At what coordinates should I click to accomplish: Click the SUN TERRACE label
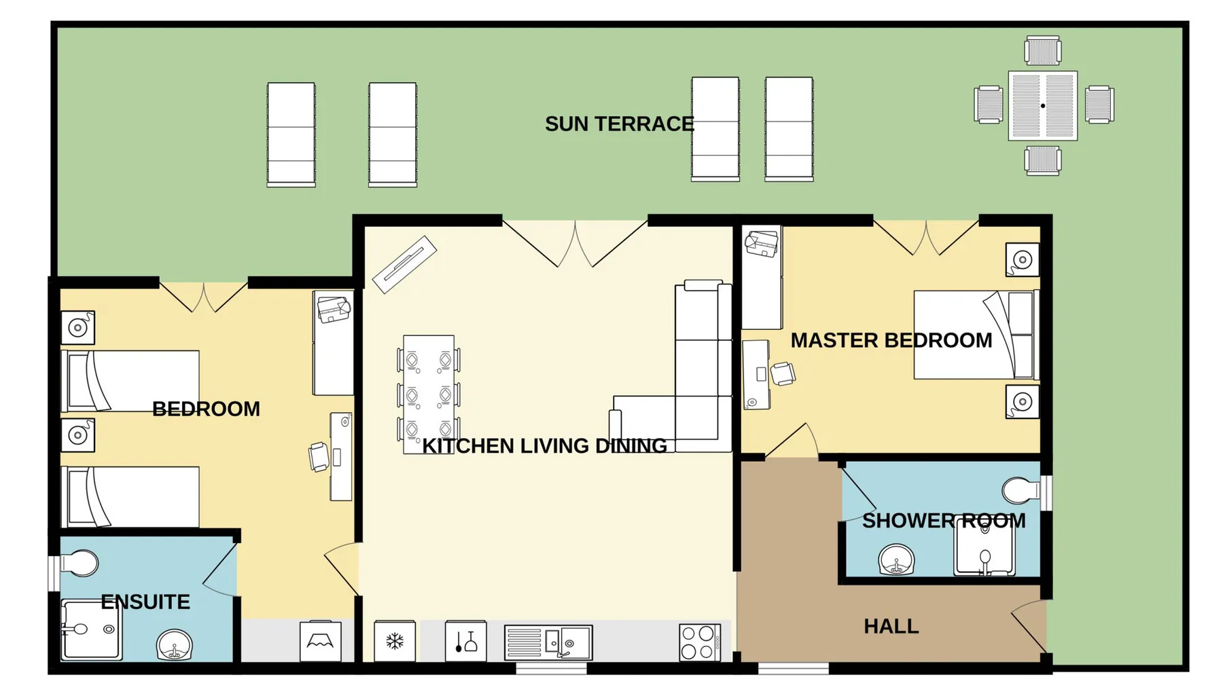pyautogui.click(x=619, y=124)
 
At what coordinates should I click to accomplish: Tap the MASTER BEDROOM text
pyautogui.click(x=891, y=340)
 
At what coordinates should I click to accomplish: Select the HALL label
pyautogui.click(x=891, y=626)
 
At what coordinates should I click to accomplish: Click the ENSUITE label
pyautogui.click(x=145, y=602)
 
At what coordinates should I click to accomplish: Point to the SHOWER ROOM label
pyautogui.click(x=944, y=521)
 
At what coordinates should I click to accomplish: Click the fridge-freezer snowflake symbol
pyautogui.click(x=395, y=641)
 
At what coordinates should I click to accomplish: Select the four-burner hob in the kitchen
pyautogui.click(x=700, y=642)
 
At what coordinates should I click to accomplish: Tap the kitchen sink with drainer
pyautogui.click(x=548, y=642)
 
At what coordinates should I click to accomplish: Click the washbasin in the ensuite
pyautogui.click(x=175, y=645)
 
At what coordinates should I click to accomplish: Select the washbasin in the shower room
pyautogui.click(x=896, y=559)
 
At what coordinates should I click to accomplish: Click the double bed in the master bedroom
pyautogui.click(x=976, y=335)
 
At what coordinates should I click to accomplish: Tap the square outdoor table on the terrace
pyautogui.click(x=1043, y=106)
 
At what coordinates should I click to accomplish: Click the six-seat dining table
pyautogui.click(x=428, y=394)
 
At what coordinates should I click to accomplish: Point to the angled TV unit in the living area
pyautogui.click(x=404, y=264)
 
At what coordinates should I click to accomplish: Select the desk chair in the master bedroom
pyautogui.click(x=783, y=373)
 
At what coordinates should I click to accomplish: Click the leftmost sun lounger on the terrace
pyautogui.click(x=291, y=134)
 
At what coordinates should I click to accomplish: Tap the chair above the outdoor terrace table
pyautogui.click(x=1043, y=52)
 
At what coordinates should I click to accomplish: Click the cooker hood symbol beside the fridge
pyautogui.click(x=465, y=641)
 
